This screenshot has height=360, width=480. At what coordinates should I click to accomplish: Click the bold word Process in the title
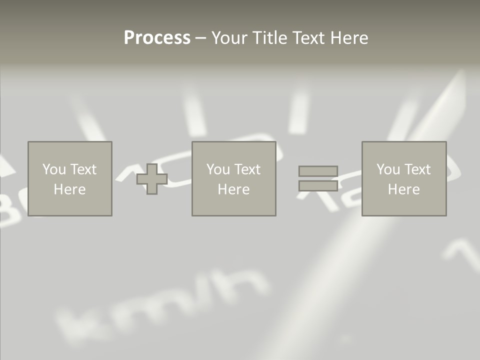click(157, 38)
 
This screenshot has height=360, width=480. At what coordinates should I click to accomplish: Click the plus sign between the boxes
click(152, 179)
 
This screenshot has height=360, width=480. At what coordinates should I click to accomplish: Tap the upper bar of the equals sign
click(318, 171)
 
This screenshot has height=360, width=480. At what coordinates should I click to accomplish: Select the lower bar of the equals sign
click(318, 185)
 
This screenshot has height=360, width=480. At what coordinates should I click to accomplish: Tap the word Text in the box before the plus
click(83, 169)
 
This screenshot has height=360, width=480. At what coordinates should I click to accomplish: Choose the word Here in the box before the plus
click(69, 189)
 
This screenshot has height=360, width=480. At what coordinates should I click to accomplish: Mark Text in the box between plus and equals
click(247, 169)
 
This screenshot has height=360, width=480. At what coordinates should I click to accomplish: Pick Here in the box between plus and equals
click(233, 189)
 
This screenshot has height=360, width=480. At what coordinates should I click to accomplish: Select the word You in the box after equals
click(388, 169)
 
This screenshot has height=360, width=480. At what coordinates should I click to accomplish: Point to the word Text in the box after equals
click(417, 169)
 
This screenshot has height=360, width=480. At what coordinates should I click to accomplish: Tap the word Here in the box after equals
click(403, 189)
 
